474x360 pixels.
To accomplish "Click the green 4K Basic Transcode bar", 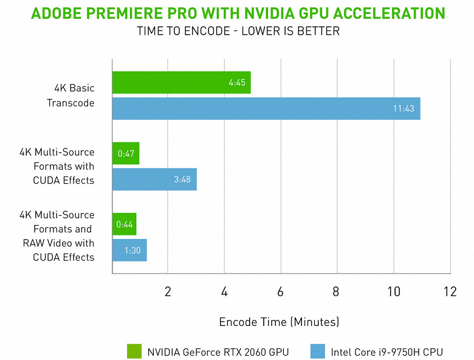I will pos(181,83).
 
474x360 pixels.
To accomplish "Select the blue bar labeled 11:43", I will pos(266,108).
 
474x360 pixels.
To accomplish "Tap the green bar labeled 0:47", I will pos(125,153).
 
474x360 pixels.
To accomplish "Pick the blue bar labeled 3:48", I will pos(154,179).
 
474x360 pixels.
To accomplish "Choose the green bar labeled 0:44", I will pos(124,224).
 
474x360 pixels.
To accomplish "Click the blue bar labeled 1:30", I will pos(129,250).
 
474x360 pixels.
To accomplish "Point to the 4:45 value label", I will pos(237,83).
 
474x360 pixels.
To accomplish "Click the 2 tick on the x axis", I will pos(168,291).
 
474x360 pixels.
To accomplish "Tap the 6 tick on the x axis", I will pos(280,291).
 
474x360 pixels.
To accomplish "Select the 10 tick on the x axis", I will pos(393,291).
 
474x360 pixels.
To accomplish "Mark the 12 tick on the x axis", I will pos(450,291).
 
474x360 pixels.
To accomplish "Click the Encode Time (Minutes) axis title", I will pos(279,321).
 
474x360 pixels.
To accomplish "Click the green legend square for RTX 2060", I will pos(134,351).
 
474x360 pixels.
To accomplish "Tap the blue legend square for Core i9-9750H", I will pos(317,351).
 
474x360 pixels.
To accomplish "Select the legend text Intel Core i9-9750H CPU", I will pos(386,351).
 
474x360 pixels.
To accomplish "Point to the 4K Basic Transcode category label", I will pos(70,95).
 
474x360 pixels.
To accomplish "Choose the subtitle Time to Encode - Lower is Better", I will pos(237,31).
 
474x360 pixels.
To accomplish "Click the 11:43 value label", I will pos(403,108).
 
